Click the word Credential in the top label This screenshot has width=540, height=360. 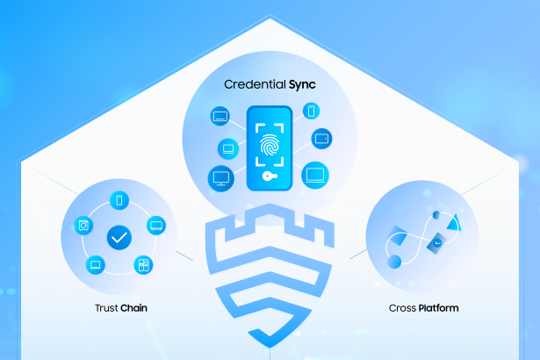[x=255, y=84]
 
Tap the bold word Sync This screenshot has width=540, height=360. [x=302, y=85]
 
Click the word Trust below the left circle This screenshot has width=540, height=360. [x=106, y=308]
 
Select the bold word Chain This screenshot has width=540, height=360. [x=134, y=308]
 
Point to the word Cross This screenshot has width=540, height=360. [x=402, y=308]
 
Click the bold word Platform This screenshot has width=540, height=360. [x=438, y=308]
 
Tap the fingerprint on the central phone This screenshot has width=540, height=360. [x=270, y=145]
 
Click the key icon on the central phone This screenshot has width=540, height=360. [x=270, y=176]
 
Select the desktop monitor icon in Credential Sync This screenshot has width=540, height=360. [x=221, y=178]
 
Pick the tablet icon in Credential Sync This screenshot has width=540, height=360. [x=321, y=139]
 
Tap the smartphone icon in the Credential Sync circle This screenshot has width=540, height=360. [x=312, y=111]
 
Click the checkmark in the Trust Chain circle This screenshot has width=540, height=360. [x=119, y=238]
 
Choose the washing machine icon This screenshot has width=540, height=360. [x=83, y=226]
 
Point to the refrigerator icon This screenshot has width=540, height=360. [x=143, y=265]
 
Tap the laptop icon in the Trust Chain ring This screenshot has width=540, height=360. [x=95, y=265]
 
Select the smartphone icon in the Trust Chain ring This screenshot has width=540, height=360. [x=119, y=200]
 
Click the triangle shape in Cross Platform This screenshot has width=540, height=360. [x=455, y=223]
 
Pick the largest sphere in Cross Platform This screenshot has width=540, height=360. [x=394, y=262]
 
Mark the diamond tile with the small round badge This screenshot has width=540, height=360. [x=436, y=243]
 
